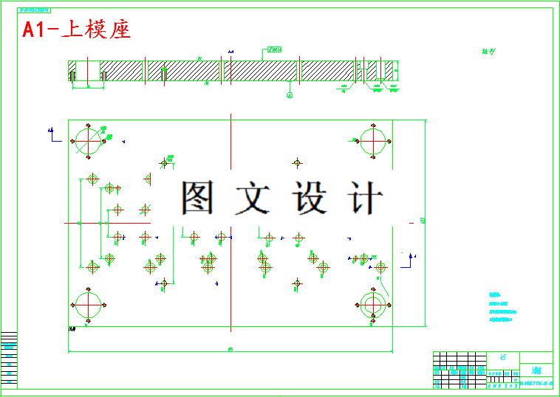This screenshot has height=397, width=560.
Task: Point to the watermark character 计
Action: click(x=365, y=198)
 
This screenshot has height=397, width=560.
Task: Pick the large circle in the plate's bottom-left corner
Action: click(x=88, y=303)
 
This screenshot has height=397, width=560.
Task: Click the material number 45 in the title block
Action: click(x=503, y=357)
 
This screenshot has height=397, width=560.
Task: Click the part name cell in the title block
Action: click(x=536, y=370)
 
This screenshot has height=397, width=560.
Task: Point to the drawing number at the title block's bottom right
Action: click(x=536, y=384)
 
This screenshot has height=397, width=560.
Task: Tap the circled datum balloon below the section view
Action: click(x=290, y=95)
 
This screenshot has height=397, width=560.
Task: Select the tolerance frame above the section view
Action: click(x=273, y=49)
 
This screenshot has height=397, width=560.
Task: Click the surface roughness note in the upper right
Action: click(x=488, y=52)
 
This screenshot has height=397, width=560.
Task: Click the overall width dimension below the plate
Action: click(x=231, y=349)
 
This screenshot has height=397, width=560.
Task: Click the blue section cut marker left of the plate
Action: click(x=51, y=132)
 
